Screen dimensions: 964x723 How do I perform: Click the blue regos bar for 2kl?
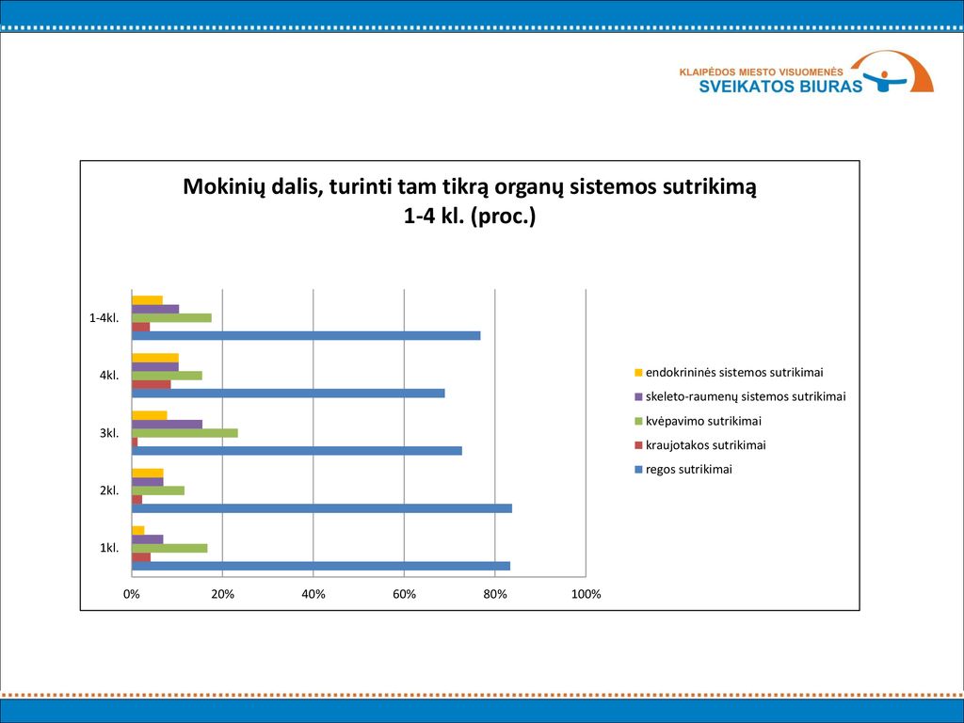point(322,508)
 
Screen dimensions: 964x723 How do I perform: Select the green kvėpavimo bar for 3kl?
point(185,433)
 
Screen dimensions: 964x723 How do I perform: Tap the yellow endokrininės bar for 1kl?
point(138,531)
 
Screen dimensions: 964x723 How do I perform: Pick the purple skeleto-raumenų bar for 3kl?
point(168,425)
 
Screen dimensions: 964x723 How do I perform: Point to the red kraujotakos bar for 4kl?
point(152,384)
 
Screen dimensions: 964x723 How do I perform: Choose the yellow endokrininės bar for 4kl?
point(155,358)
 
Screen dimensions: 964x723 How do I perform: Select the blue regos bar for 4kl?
point(288,394)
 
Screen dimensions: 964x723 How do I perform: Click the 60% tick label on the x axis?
point(404,595)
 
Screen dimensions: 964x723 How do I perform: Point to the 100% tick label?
point(586,595)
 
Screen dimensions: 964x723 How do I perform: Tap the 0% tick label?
point(132,595)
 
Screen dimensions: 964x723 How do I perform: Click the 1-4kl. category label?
point(104,318)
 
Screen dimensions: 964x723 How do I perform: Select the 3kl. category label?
point(109,433)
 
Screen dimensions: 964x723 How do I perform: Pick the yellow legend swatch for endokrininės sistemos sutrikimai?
point(638,373)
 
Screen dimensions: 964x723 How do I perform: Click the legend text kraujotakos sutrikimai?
point(706,445)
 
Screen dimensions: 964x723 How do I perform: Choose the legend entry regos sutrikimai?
point(683,470)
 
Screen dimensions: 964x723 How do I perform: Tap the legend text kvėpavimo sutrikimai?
point(703,421)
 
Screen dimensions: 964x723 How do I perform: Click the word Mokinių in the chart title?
point(223,186)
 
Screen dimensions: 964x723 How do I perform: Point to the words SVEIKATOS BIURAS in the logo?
point(780,86)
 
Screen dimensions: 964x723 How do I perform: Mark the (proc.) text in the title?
point(503,217)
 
